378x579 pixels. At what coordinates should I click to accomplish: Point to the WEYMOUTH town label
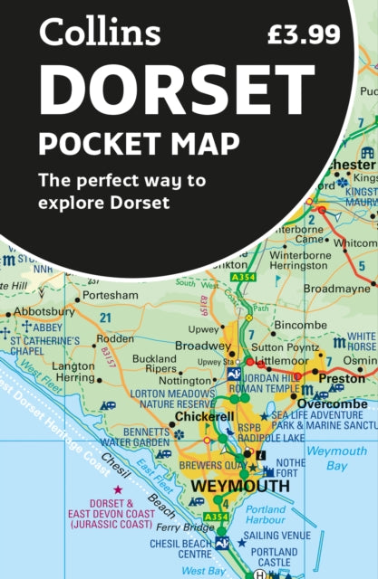(x=239, y=486)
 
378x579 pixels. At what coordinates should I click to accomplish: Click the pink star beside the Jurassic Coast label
(x=117, y=489)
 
